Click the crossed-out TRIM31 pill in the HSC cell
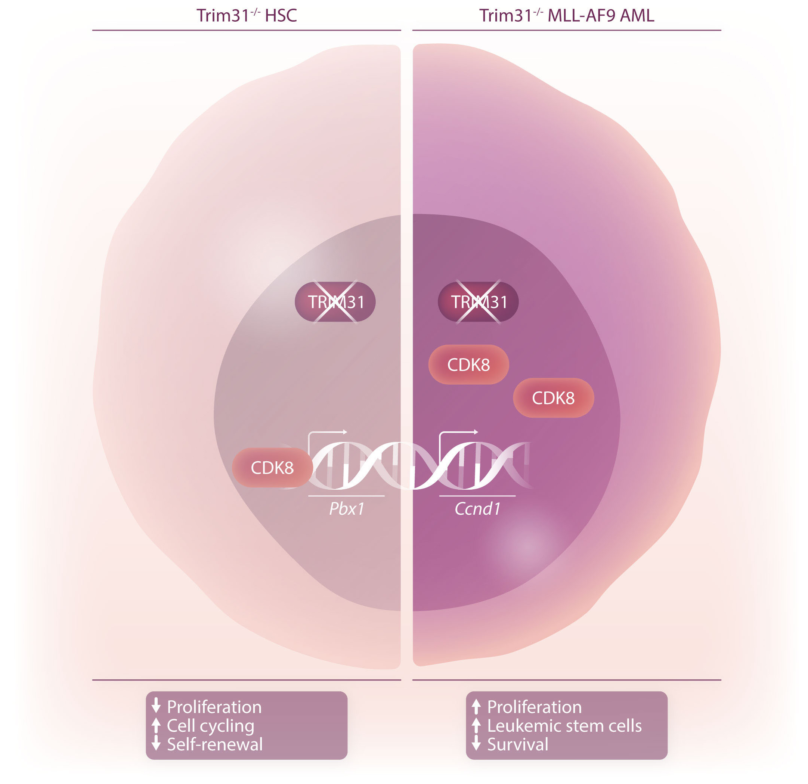coord(335,302)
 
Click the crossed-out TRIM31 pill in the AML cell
coord(478,302)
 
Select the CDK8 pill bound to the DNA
coord(272,468)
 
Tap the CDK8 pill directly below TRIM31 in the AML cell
coord(468,365)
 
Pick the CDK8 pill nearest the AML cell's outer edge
coord(553,398)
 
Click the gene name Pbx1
coord(346,509)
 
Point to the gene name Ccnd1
coord(477,509)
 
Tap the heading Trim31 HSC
coord(247,16)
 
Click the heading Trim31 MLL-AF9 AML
coord(566,16)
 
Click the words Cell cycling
coord(210,726)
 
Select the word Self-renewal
coord(214,744)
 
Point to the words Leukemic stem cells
coord(564,726)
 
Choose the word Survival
coord(517,744)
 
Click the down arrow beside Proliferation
coord(156,706)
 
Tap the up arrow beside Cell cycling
coord(156,725)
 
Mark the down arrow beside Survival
coord(476,744)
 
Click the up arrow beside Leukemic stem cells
coord(476,725)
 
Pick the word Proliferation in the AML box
coord(534,707)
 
